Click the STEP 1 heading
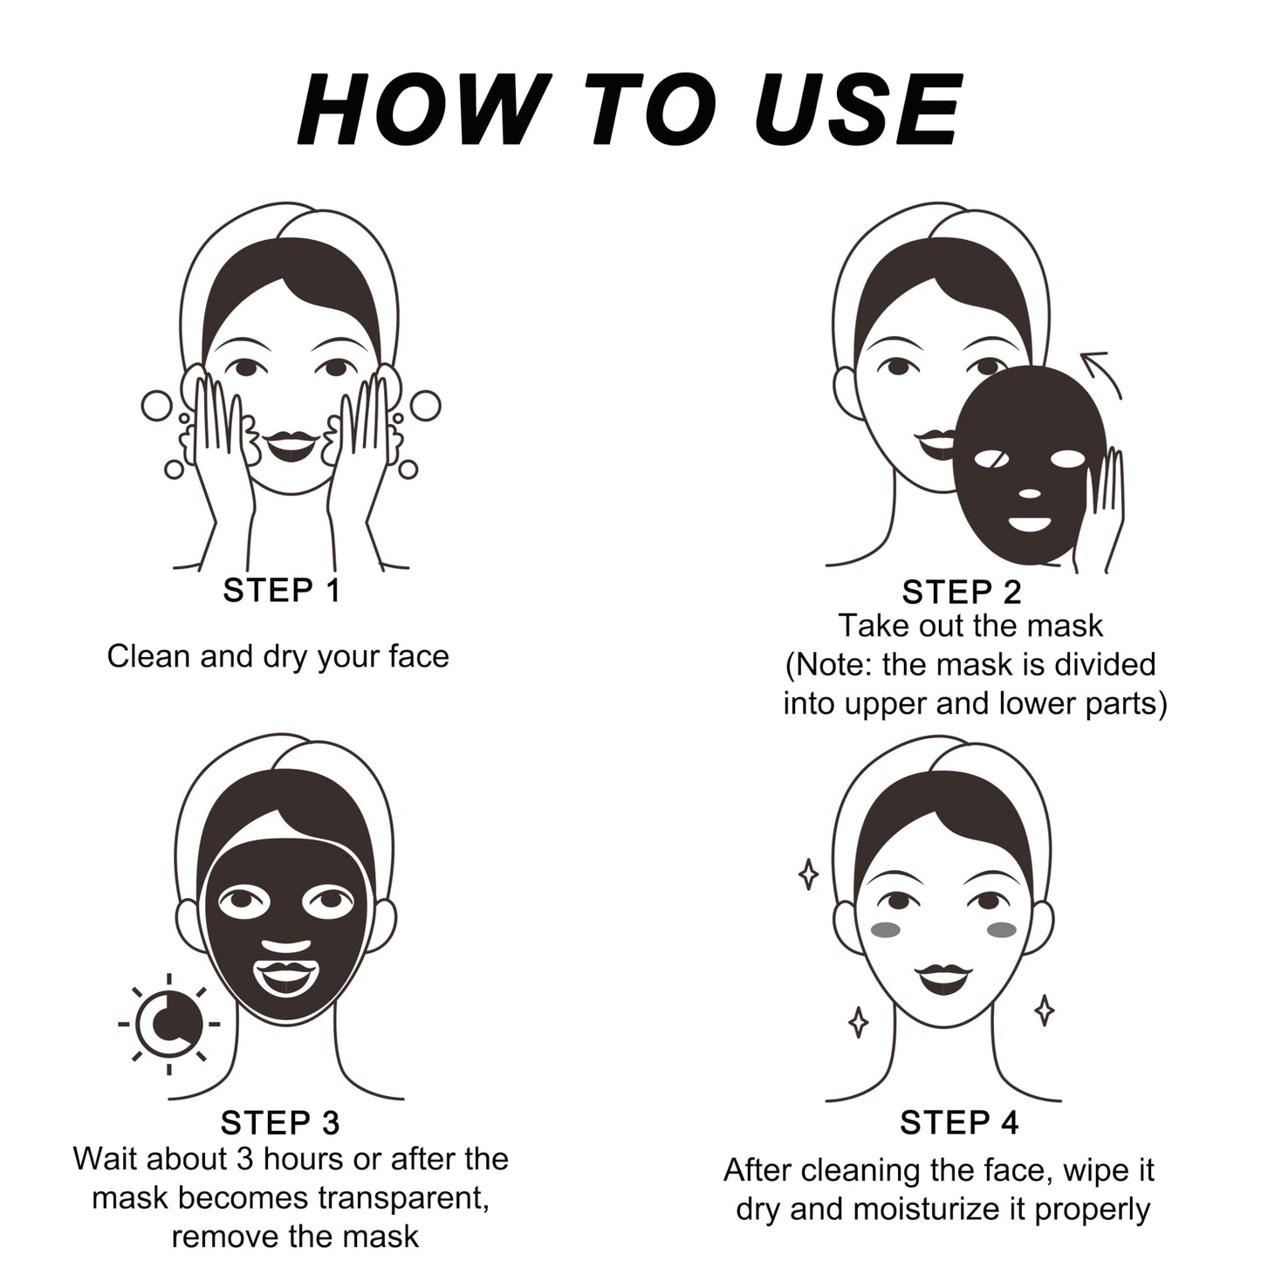(281, 591)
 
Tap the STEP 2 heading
(961, 593)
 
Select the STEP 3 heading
(279, 1123)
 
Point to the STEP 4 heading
(959, 1123)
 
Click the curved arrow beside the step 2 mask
(1101, 370)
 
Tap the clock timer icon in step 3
(168, 1024)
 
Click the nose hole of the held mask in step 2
(1030, 494)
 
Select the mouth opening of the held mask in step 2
(1030, 525)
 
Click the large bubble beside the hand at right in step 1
(426, 406)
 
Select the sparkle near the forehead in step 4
(809, 874)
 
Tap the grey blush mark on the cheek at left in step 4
(886, 930)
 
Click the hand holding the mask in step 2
(1101, 506)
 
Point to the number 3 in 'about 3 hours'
(245, 1159)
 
